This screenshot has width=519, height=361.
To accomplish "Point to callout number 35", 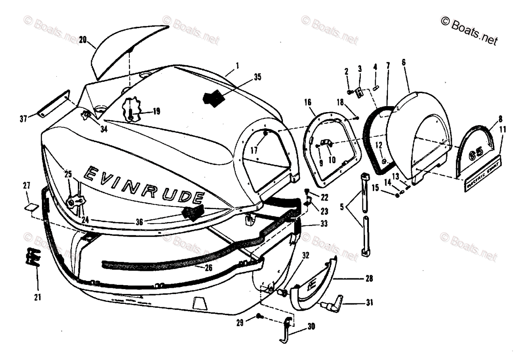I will click(x=257, y=78).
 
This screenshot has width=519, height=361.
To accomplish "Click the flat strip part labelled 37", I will click(x=54, y=104).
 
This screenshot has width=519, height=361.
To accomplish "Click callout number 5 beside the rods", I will click(x=342, y=206).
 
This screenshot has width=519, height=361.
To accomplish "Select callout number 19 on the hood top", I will click(x=156, y=111).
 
